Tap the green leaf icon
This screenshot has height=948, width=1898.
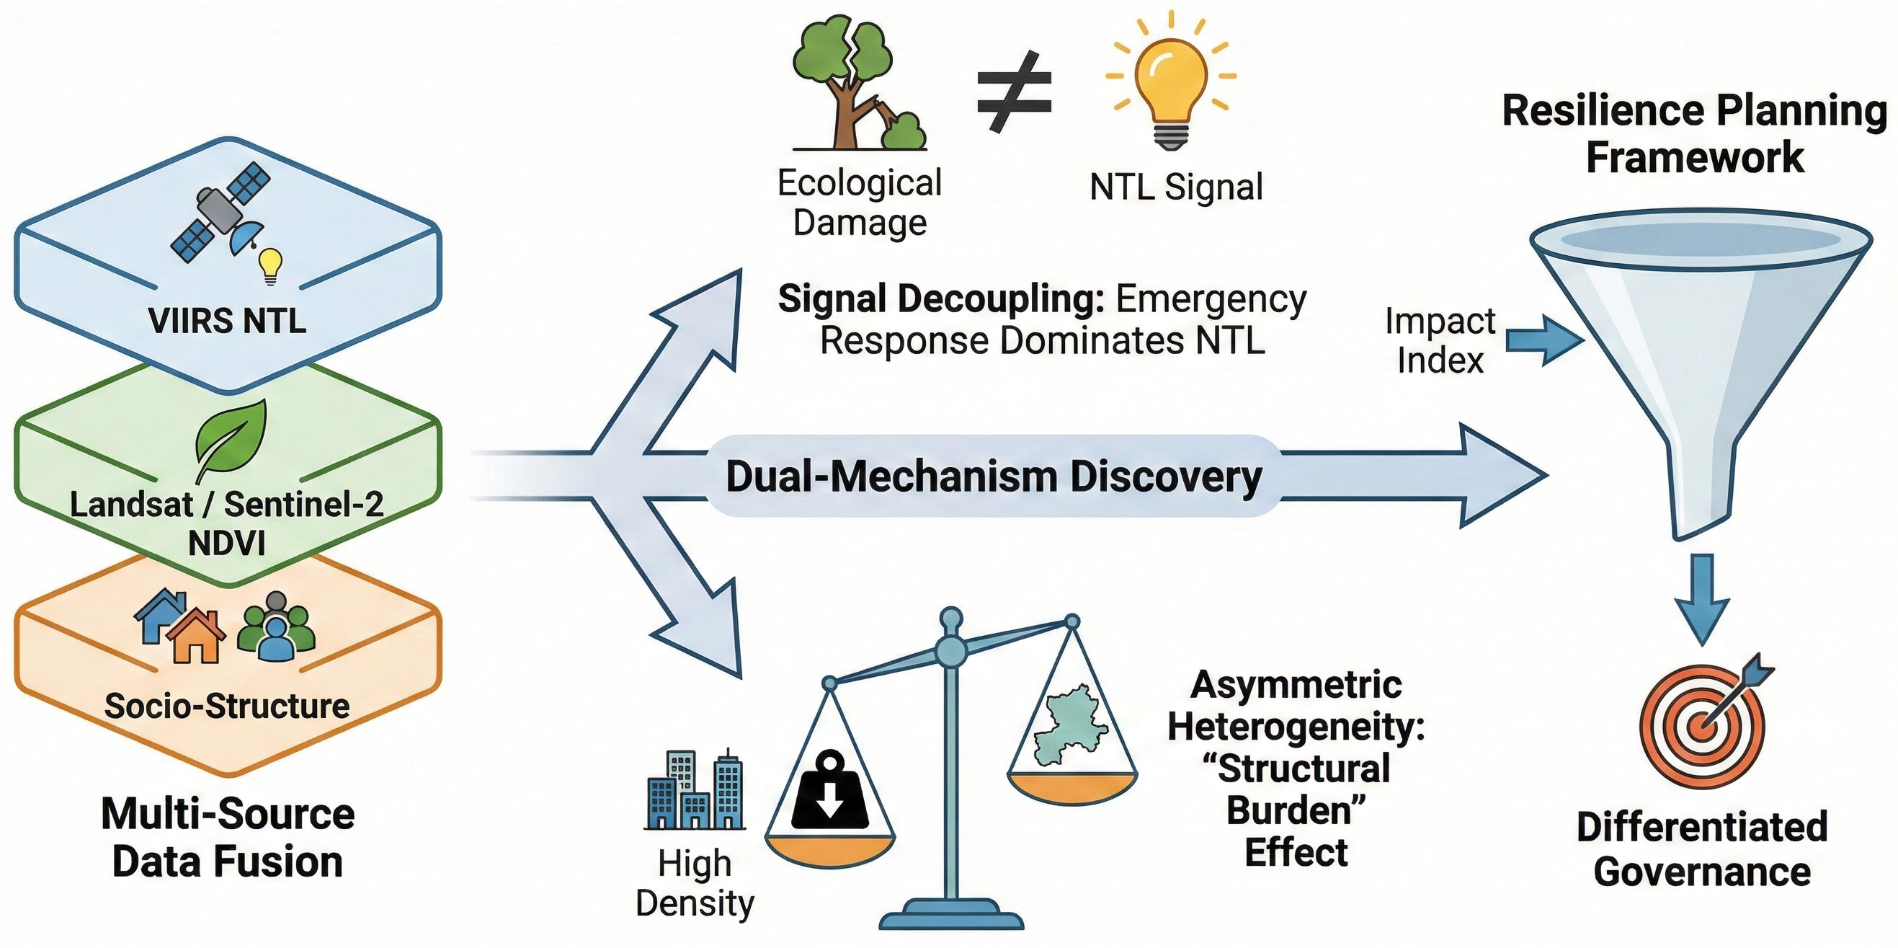(231, 439)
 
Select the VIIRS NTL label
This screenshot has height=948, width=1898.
(227, 321)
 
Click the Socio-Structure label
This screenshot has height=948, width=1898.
(227, 706)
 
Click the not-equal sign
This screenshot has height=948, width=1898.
(1014, 92)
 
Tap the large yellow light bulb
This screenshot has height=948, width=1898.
(1171, 81)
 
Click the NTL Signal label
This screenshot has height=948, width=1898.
(1176, 187)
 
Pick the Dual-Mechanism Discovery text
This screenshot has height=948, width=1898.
(994, 477)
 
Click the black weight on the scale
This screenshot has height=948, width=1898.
(829, 792)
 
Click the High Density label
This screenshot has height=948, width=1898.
(695, 883)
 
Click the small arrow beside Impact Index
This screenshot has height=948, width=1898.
(1543, 340)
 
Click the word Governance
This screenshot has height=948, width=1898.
(1702, 872)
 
